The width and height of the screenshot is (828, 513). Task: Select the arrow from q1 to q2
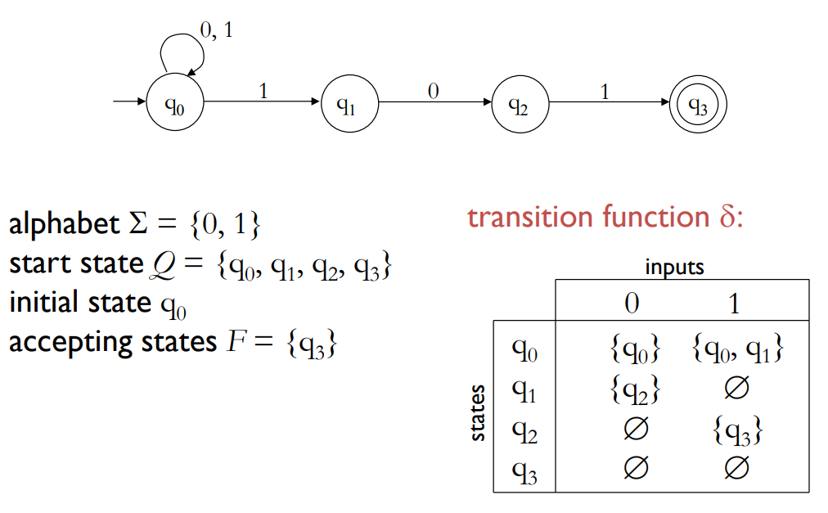click(x=434, y=103)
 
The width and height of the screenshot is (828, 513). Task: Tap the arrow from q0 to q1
click(x=262, y=103)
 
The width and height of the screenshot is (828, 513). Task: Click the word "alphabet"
click(x=54, y=224)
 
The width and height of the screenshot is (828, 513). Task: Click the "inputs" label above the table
click(x=674, y=267)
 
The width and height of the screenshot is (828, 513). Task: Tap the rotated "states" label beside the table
click(x=478, y=413)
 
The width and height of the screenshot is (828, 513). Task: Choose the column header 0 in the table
click(x=631, y=304)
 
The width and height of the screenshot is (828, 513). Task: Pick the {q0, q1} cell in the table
click(x=737, y=350)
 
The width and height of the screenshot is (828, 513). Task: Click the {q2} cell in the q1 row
click(x=635, y=391)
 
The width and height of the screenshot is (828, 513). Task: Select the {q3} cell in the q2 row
click(x=737, y=430)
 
